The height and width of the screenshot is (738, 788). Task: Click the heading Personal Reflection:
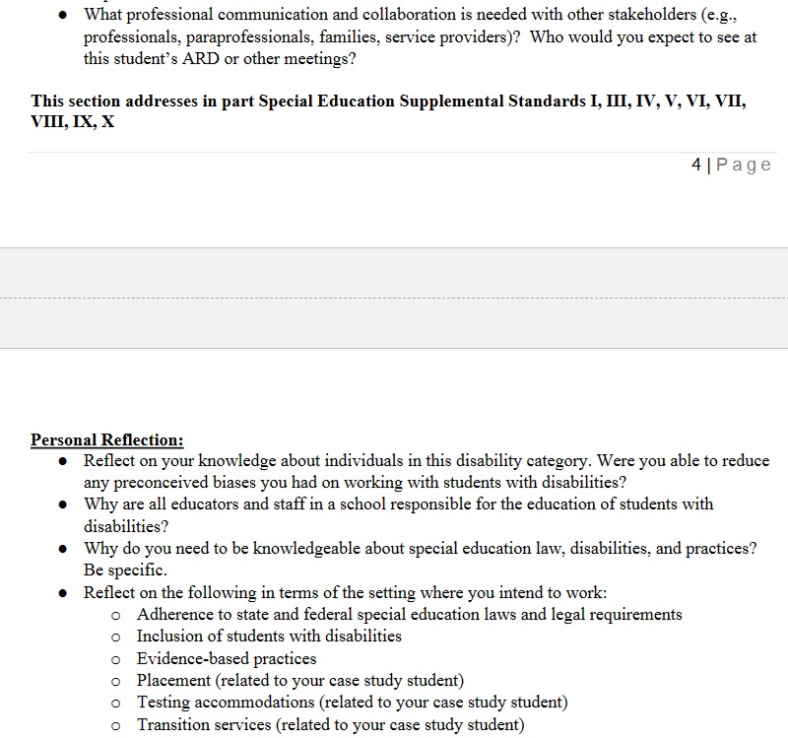click(x=106, y=440)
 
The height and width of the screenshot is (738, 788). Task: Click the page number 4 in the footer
click(x=696, y=165)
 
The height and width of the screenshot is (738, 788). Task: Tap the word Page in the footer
click(x=744, y=165)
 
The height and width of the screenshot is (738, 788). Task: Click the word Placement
click(x=173, y=681)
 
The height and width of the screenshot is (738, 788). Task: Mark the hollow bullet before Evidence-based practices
click(x=116, y=659)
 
